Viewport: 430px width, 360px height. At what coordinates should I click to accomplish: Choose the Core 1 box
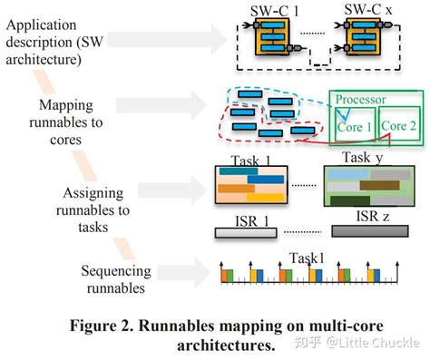pyautogui.click(x=355, y=126)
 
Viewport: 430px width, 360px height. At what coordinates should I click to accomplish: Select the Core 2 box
pyautogui.click(x=398, y=126)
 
